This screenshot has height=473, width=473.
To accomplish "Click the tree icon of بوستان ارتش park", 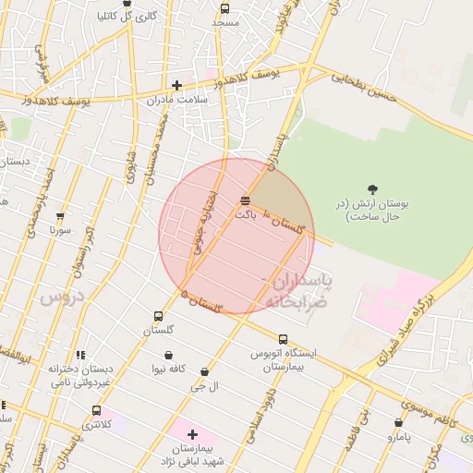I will click(x=372, y=189).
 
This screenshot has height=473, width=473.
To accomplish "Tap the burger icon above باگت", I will click(x=245, y=200).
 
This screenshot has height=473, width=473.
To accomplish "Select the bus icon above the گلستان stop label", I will click(x=158, y=316).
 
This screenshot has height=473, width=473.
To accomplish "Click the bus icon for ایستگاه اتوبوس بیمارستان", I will click(x=283, y=339).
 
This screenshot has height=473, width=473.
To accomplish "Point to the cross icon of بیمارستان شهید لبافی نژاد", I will click(x=192, y=434).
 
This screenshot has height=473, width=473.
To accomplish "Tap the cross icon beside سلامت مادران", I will click(x=176, y=85).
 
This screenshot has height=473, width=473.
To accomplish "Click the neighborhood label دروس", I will click(x=62, y=297).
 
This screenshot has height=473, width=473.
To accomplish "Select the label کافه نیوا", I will click(x=169, y=370).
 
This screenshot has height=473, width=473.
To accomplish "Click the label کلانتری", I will click(x=96, y=425).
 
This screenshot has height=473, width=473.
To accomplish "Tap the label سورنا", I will click(x=61, y=228).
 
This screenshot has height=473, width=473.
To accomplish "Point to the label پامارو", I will click(x=396, y=436).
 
